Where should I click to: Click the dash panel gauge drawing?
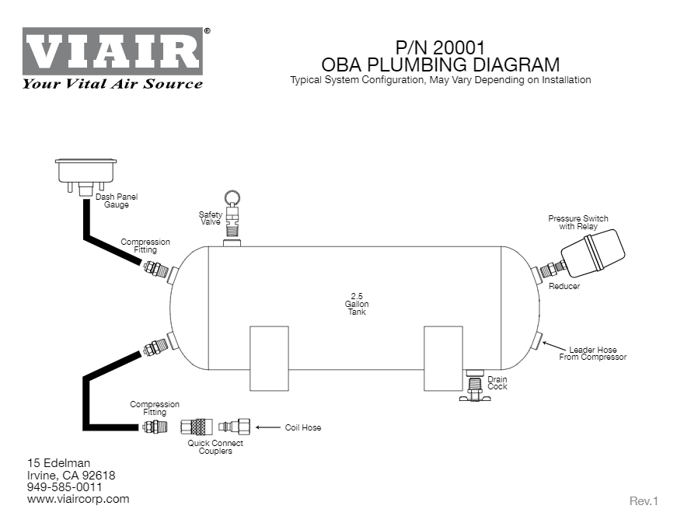85,173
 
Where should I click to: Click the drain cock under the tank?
474,386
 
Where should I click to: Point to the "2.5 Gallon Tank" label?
355,304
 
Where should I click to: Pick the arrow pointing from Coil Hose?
267,427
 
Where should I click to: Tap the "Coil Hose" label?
303,428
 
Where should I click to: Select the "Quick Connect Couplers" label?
215,447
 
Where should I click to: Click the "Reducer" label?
564,287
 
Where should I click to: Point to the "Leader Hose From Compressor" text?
592,354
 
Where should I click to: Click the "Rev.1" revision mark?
644,501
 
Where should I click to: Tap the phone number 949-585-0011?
65,487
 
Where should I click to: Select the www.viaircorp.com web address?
78,499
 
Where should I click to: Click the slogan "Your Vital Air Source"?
113,84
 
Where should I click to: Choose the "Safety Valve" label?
211,218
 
